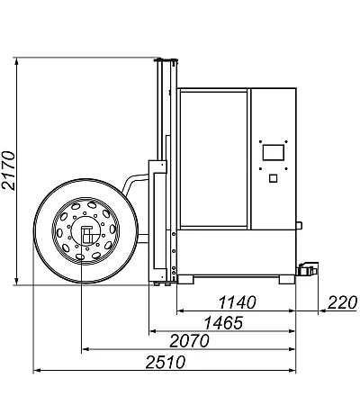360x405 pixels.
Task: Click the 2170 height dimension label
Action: [8, 170]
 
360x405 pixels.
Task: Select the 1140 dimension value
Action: [237, 302]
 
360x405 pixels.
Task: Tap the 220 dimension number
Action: [342, 302]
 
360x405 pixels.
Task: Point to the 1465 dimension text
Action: [223, 323]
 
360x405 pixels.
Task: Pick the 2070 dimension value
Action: [189, 341]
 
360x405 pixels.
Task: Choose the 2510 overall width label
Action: [166, 362]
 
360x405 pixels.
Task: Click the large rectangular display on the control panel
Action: [274, 152]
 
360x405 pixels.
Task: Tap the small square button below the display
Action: [273, 178]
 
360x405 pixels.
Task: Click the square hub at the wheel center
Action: [86, 234]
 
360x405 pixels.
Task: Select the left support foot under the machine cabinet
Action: [185, 279]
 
